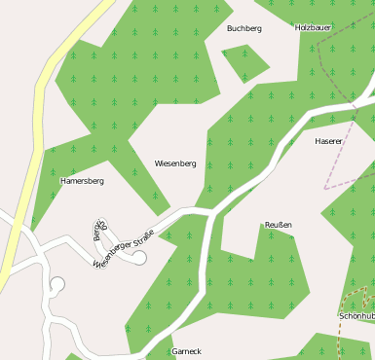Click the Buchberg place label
point(244,28)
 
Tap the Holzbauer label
point(313,27)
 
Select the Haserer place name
point(328,141)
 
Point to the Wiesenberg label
point(175,163)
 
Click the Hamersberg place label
point(82,181)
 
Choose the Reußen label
point(279,225)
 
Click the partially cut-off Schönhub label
point(357,316)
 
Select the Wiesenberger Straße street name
point(124,247)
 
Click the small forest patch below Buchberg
point(244,61)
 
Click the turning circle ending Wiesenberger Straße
point(139,258)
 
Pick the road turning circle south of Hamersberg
point(56,284)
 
